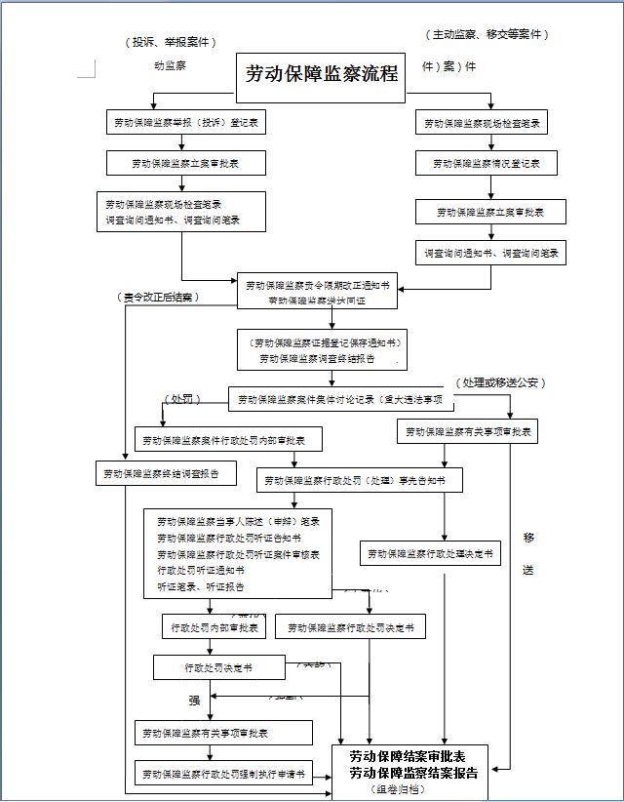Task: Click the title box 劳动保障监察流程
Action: point(321,74)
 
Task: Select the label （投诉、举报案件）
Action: point(171,42)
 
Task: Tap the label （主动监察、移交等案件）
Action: point(487,34)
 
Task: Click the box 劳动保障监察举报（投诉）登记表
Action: point(184,123)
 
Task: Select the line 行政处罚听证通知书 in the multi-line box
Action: point(201,570)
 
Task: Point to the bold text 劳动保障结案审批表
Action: point(408,757)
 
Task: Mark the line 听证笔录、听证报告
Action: point(201,586)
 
